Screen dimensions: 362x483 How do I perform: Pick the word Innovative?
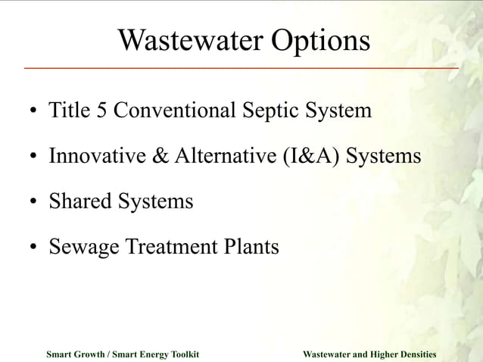97,156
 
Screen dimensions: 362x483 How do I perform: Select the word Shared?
80,201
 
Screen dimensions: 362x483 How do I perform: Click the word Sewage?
81,248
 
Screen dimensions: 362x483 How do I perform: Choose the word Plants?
251,247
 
